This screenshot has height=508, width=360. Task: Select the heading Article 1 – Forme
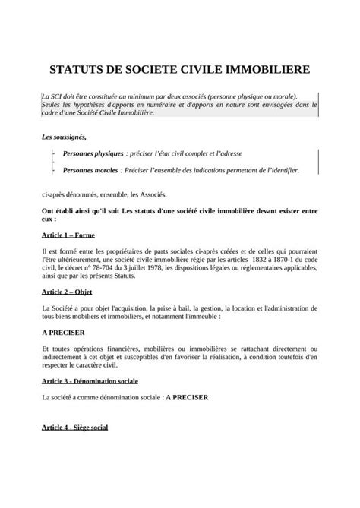click(68, 235)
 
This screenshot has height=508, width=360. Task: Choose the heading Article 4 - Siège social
click(74, 428)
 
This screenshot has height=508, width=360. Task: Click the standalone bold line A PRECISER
click(62, 332)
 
